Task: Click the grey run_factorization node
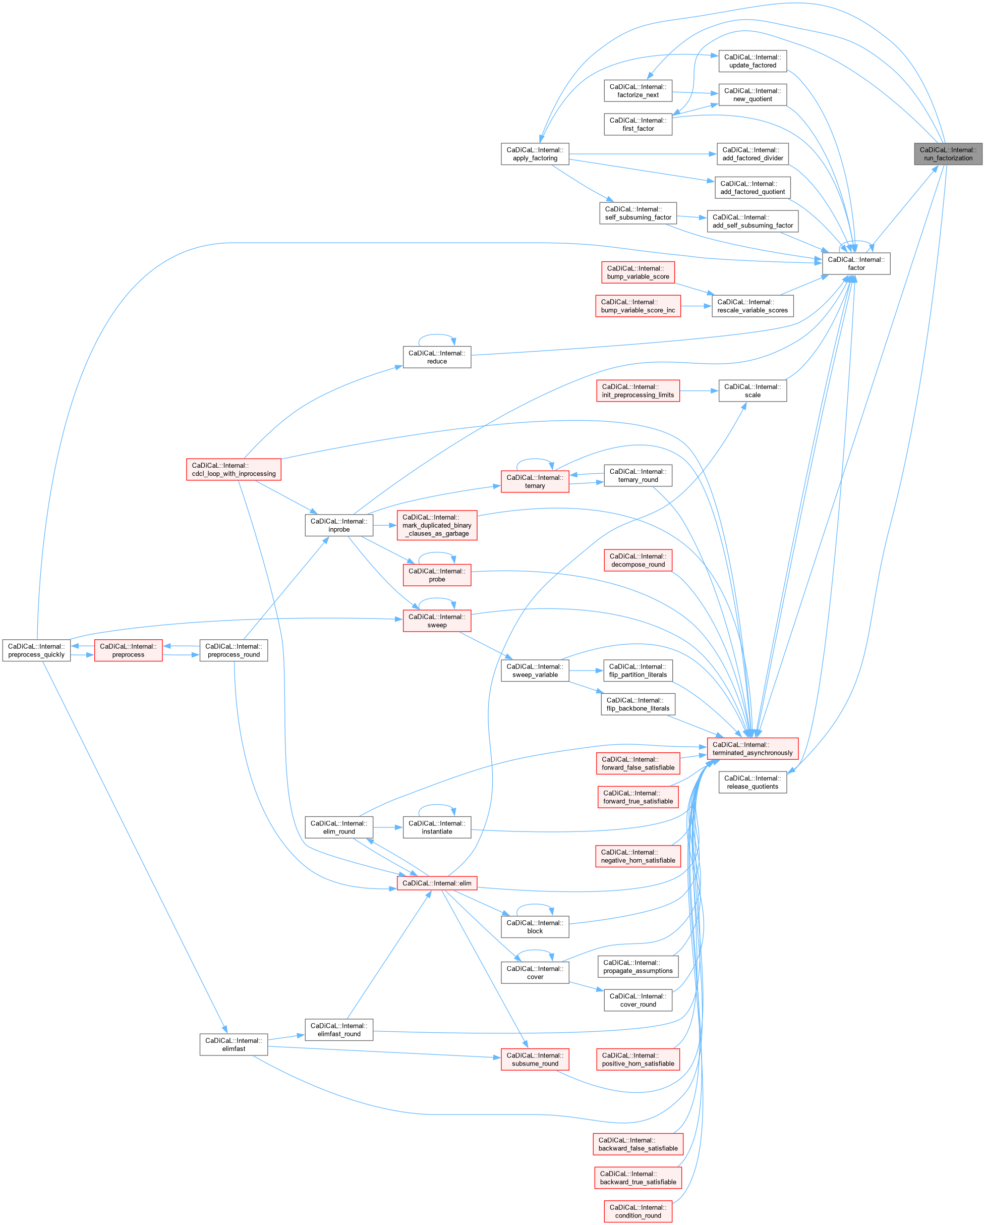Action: click(x=948, y=154)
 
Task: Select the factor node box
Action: click(x=855, y=264)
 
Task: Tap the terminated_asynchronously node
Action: click(x=752, y=748)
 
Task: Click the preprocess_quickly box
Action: click(x=36, y=650)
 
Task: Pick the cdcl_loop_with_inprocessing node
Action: click(x=234, y=469)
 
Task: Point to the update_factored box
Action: click(x=752, y=62)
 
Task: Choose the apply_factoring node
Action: click(x=535, y=154)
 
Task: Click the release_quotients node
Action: click(x=752, y=783)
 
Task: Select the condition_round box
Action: click(x=638, y=1211)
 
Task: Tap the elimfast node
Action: click(x=234, y=1045)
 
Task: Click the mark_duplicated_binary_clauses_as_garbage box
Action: click(x=436, y=525)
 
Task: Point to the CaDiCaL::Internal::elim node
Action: click(x=436, y=883)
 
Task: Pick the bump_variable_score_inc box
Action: click(x=638, y=306)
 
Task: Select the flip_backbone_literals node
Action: click(x=638, y=704)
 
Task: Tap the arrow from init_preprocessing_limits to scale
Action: click(x=699, y=391)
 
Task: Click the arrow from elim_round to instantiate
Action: click(x=388, y=827)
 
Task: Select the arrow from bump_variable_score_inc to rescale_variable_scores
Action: click(x=696, y=306)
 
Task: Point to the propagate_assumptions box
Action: click(x=638, y=967)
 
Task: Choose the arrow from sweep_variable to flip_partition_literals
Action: click(x=585, y=671)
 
